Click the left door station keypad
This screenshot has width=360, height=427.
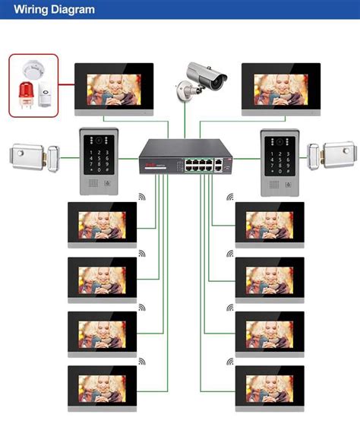pos(99,163)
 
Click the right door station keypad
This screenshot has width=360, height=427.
pos(278,163)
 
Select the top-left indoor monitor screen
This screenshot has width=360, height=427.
pos(113,89)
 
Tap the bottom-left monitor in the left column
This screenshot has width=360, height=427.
pos(102,388)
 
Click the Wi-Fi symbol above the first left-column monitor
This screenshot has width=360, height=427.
pos(142,197)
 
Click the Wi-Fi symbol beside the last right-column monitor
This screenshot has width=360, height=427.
pos(230,362)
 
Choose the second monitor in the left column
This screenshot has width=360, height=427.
pos(102,280)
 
